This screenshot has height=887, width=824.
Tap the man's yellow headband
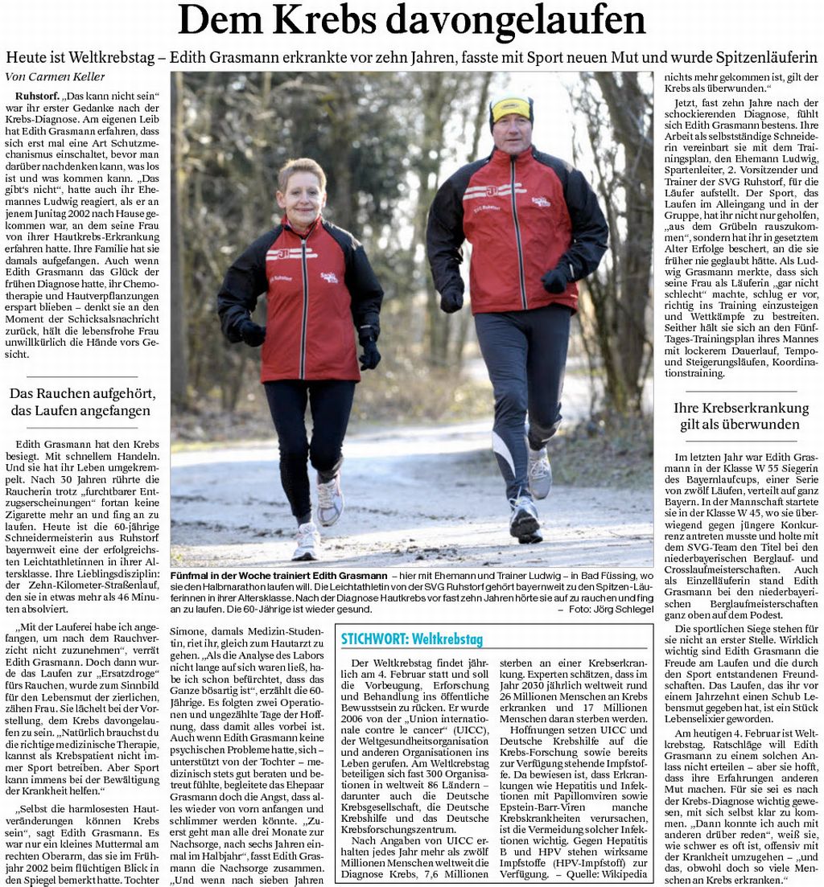[511, 108]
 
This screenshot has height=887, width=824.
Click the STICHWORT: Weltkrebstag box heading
[411, 639]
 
